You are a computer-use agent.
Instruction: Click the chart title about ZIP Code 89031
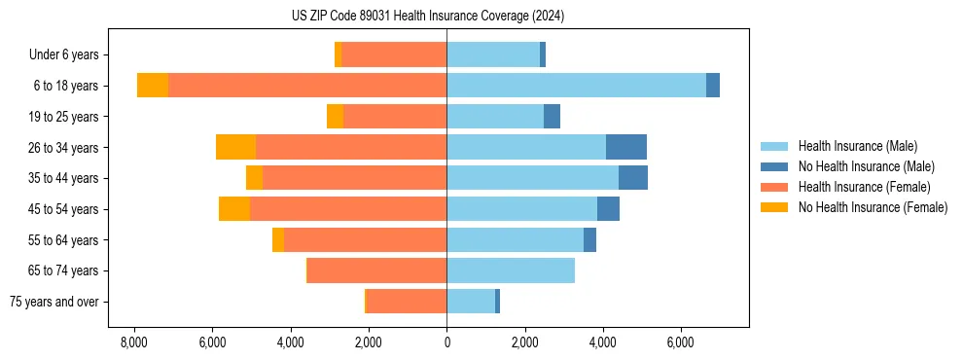coord(427,16)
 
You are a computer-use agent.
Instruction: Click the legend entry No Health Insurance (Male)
coord(866,166)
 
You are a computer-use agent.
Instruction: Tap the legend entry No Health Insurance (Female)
coord(873,207)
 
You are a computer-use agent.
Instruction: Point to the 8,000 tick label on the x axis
coord(133,343)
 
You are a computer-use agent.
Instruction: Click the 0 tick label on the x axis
coord(446,343)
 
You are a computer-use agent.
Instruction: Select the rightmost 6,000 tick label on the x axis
coord(681,343)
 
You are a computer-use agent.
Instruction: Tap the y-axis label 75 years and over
coord(53,302)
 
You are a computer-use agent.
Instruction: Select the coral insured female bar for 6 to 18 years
coord(307,86)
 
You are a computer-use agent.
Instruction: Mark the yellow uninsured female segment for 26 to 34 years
coord(235,147)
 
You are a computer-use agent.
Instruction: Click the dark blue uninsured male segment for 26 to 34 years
coord(626,147)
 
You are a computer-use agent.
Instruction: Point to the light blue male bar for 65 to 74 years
coord(511,270)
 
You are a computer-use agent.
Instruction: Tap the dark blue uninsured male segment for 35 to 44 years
coord(633,178)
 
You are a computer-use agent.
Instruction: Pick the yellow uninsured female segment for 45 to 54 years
coord(234,209)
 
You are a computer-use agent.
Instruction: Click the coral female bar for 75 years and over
coord(406,302)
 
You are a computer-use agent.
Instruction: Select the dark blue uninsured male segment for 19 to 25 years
coord(552,117)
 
